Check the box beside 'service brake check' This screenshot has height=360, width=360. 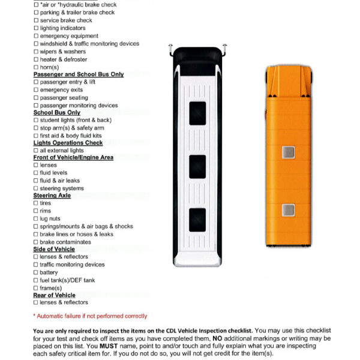click(x=36, y=20)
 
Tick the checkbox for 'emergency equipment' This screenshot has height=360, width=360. click(x=36, y=36)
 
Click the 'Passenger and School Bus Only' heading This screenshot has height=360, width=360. click(x=78, y=74)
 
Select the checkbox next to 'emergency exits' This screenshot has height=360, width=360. click(x=36, y=90)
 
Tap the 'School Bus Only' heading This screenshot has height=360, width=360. click(x=56, y=113)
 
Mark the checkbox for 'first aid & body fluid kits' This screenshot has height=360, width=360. click(x=36, y=136)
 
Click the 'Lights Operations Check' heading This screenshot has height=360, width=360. click(x=68, y=143)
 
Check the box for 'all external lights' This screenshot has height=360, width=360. click(x=36, y=151)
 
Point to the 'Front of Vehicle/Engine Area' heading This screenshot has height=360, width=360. click(x=73, y=158)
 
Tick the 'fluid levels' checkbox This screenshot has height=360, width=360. click(x=36, y=173)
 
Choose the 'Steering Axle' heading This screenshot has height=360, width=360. click(x=53, y=196)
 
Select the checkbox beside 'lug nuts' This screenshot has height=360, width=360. click(x=36, y=219)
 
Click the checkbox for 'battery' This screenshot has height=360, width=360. click(x=36, y=272)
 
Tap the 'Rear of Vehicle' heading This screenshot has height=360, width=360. click(x=54, y=295)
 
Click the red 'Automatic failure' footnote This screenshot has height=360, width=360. click(x=90, y=316)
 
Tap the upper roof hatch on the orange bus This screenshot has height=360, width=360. click(x=289, y=152)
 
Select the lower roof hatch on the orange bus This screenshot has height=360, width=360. click(x=289, y=209)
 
